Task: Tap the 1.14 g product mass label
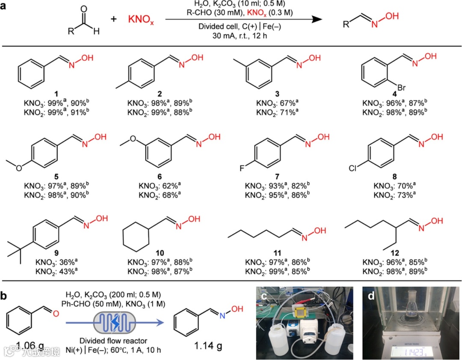[207, 345]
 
